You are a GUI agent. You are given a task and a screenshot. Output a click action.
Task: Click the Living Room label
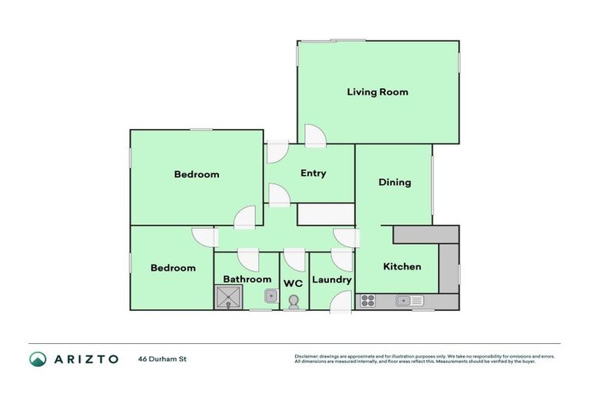point(377,92)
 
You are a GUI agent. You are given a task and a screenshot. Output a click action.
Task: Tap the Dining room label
point(395,183)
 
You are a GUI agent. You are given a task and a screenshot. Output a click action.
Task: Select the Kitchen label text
point(403,266)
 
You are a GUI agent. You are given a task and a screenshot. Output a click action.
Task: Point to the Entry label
point(313,173)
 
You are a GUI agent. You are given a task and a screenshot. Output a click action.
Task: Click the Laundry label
point(332,279)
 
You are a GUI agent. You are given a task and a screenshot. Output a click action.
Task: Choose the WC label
point(293,283)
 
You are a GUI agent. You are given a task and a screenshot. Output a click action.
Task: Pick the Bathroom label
point(247,279)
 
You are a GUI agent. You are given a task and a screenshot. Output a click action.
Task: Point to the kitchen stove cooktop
point(367,301)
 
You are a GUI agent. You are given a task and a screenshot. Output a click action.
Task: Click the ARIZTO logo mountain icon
point(38,358)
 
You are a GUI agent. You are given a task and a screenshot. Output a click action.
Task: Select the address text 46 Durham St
point(163,358)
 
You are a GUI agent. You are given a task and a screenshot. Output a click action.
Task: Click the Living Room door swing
point(315,137)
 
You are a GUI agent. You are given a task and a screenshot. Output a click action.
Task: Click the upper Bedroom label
point(197,174)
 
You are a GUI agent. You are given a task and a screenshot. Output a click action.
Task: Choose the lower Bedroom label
point(173,268)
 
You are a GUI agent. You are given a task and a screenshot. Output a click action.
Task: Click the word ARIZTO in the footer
point(85,358)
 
